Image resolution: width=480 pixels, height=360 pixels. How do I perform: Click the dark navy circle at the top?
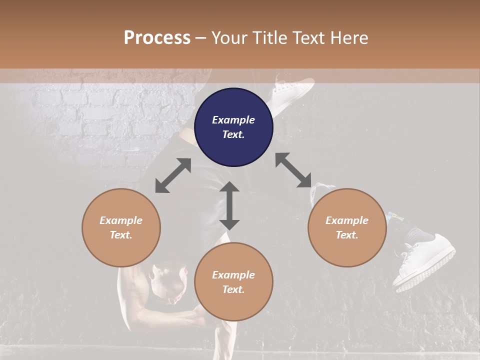click(x=233, y=127)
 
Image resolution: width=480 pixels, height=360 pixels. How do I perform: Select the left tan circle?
click(x=121, y=227)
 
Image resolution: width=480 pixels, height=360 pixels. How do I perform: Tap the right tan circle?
click(x=347, y=227)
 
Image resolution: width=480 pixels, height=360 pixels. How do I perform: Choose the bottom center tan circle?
click(x=233, y=282)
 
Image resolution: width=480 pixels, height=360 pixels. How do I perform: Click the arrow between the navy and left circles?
click(x=173, y=175)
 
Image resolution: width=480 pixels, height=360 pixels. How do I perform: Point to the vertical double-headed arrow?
click(x=229, y=205)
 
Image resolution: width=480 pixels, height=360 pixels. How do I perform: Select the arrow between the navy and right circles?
click(x=293, y=170)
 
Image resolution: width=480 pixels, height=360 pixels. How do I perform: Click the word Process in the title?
click(x=157, y=37)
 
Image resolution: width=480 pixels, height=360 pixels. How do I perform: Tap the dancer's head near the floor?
click(x=167, y=283)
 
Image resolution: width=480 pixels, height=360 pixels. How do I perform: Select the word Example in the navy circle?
click(x=233, y=120)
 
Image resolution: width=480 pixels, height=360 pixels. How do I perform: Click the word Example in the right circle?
click(x=347, y=220)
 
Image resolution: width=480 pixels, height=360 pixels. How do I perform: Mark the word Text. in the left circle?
click(x=121, y=235)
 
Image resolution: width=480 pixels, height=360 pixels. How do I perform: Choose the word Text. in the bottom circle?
click(x=233, y=289)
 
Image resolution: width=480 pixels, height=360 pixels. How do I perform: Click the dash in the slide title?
click(x=201, y=37)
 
